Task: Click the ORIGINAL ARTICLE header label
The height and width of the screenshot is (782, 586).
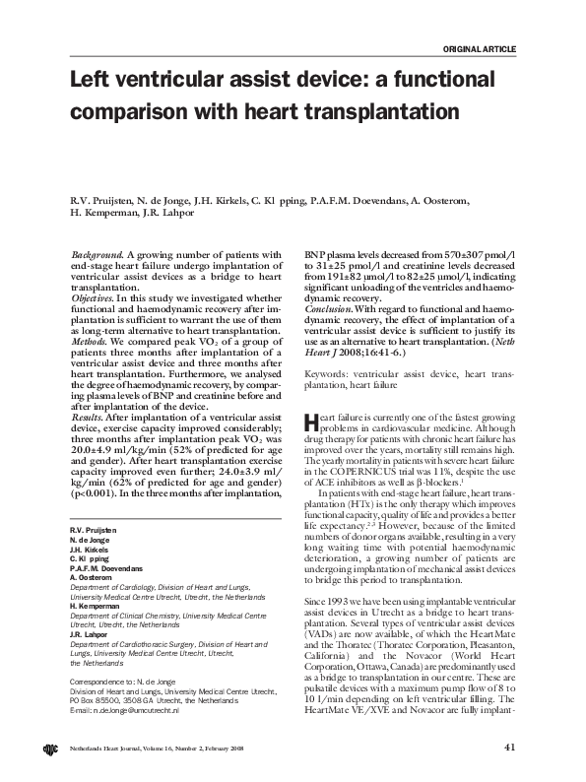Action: click(480, 48)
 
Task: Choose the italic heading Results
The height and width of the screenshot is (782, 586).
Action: click(88, 389)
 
